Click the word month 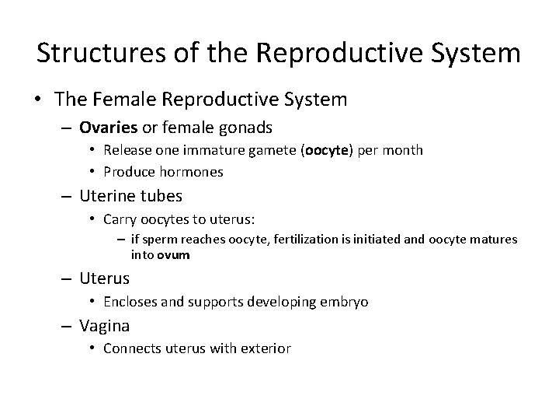[x=404, y=150]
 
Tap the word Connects [x=132, y=349]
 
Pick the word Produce [x=127, y=172]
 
